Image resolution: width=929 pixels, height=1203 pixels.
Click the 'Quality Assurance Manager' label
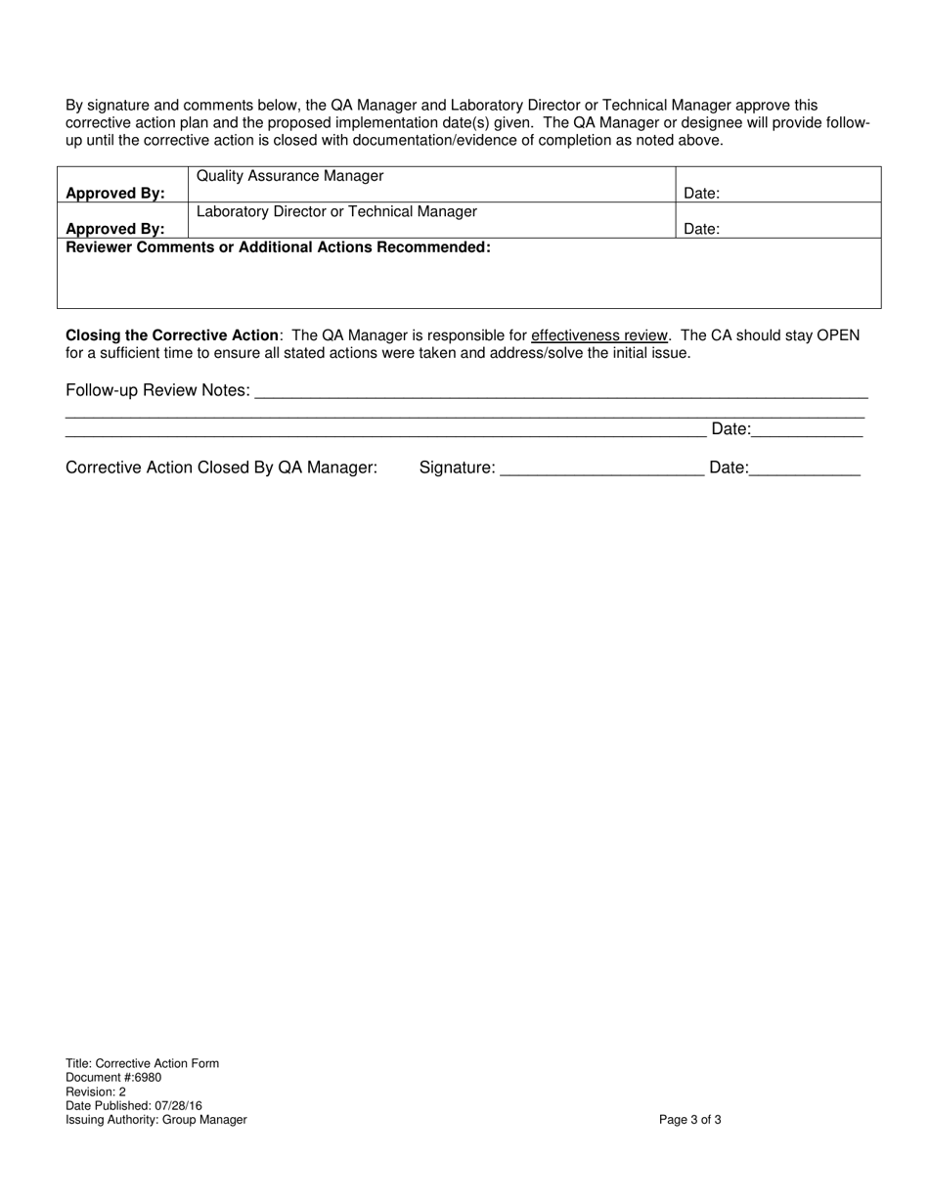289,176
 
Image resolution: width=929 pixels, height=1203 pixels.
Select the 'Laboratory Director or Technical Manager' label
336,211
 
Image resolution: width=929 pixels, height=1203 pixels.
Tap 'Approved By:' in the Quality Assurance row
115,194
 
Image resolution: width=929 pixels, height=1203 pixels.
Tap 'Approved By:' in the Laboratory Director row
115,229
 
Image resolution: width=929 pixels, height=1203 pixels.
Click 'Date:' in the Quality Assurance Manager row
701,194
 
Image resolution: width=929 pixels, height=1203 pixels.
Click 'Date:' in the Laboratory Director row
701,229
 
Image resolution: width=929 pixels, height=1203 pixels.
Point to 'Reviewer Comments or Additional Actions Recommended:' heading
278,247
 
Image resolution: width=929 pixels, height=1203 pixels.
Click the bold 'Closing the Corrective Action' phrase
172,335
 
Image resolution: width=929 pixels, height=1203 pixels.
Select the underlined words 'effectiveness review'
599,335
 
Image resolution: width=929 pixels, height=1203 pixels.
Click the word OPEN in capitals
838,335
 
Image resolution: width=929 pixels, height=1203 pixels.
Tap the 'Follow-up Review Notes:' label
157,390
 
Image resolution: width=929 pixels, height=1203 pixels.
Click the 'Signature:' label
457,468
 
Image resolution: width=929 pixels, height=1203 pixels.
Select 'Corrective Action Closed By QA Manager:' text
221,468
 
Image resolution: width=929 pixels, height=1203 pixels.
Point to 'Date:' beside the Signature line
729,468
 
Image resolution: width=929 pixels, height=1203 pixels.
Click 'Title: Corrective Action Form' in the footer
142,1063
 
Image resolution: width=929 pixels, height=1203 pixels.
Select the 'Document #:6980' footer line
113,1078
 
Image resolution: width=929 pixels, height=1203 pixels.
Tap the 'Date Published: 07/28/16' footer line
134,1106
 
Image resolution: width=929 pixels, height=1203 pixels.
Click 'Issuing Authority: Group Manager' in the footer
155,1120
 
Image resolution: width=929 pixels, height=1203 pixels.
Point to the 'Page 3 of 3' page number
690,1120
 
